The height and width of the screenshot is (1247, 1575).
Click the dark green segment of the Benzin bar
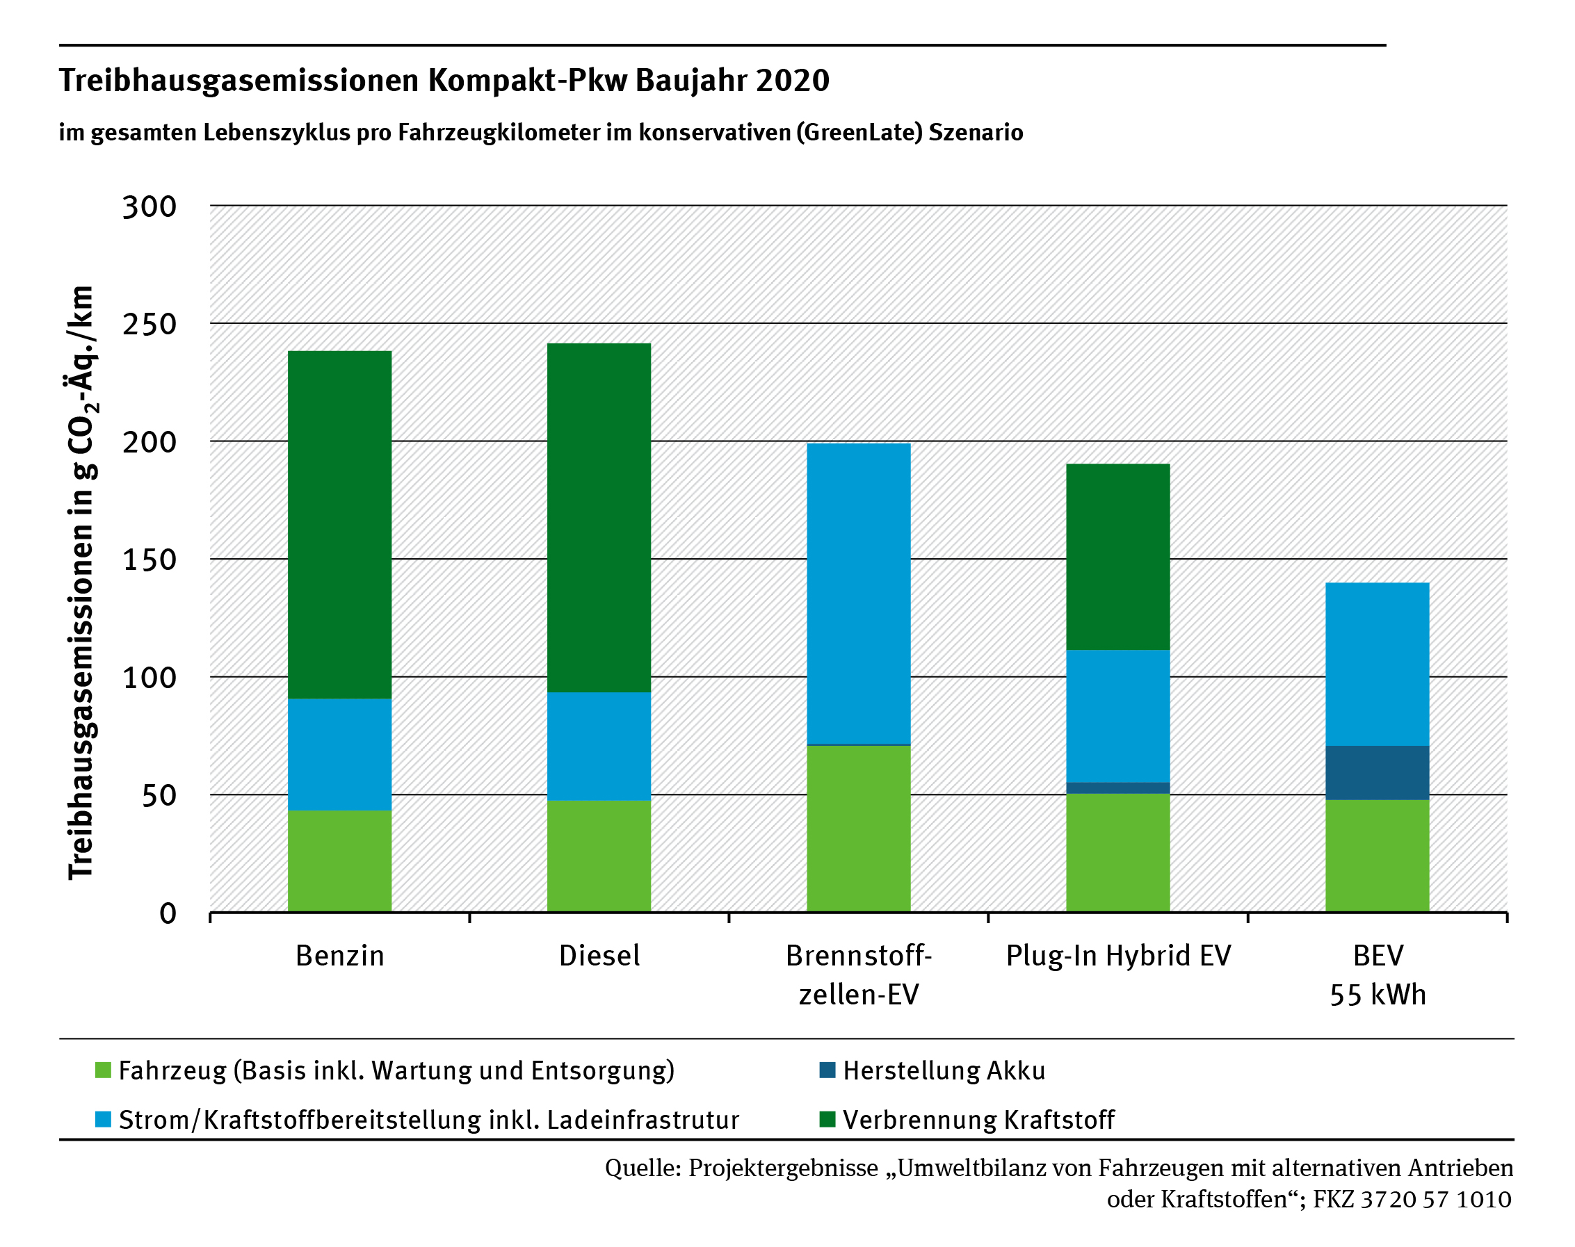pos(339,524)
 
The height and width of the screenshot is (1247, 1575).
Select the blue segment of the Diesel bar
pos(599,746)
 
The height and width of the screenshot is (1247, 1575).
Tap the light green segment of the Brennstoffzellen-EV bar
pos(858,829)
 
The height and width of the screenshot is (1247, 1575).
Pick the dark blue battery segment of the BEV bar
pos(1376,772)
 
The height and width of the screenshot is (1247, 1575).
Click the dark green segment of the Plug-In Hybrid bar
pos(1117,556)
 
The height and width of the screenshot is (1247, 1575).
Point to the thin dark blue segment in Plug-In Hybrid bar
pos(1117,788)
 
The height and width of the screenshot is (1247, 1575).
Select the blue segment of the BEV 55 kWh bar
pos(1376,664)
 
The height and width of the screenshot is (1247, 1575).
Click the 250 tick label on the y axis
pos(150,324)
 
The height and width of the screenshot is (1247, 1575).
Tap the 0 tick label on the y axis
pos(168,913)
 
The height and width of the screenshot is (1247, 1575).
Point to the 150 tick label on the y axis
pos(150,560)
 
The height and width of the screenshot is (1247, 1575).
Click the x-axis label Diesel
pos(599,956)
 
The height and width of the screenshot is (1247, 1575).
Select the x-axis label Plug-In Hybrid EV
pos(1118,956)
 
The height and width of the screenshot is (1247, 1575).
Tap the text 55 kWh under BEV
pos(1377,995)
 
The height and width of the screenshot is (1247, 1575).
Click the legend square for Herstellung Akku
pos(827,1070)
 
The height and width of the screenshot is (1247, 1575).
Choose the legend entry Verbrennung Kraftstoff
pos(978,1119)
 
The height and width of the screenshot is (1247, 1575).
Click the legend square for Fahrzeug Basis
pos(103,1070)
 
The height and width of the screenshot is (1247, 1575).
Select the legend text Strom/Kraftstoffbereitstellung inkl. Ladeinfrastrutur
pos(428,1119)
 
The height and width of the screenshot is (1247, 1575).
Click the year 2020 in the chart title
pos(792,81)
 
